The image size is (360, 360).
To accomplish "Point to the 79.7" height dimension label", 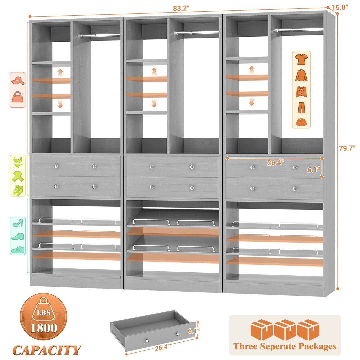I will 347,148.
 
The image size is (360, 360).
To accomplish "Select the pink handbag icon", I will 18,97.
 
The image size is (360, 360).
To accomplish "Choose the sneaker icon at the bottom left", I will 17,249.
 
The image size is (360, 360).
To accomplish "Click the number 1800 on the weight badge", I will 44,328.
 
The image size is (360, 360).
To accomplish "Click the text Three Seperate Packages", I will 285,346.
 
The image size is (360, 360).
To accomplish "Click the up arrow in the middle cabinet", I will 154,71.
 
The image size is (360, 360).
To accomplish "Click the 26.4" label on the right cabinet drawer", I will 275,163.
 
